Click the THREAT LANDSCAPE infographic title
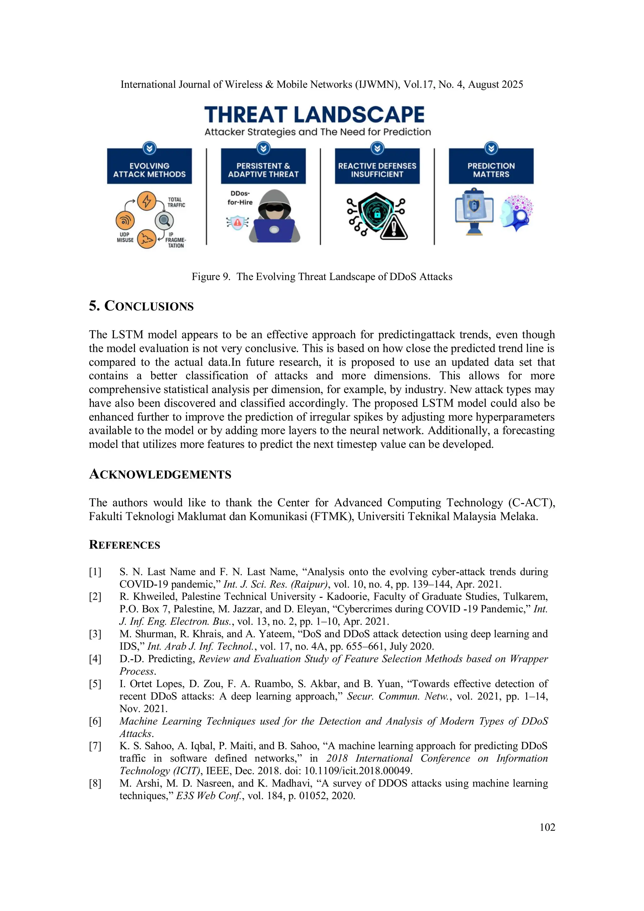pos(314,115)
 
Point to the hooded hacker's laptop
pos(274,230)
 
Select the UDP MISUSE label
pos(125,237)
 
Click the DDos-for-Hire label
pos(240,197)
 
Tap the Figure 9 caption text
pos(322,276)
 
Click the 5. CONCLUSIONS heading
pos(141,306)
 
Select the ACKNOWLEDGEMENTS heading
pos(160,474)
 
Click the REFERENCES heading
pos(125,545)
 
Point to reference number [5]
pos(95,684)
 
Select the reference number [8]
pos(95,783)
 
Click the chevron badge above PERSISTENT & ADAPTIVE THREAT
pos(264,148)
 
